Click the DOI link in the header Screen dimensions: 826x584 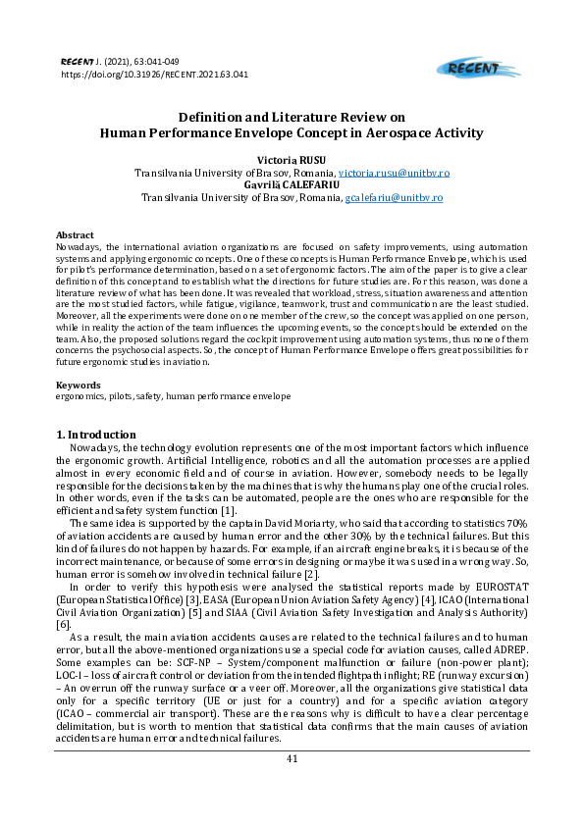[x=154, y=74]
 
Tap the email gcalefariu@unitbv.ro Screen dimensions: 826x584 [x=394, y=197]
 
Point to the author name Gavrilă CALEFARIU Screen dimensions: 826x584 [x=292, y=185]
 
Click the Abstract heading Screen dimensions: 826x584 [x=75, y=235]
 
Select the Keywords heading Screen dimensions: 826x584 [x=78, y=385]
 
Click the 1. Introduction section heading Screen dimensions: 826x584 [x=96, y=435]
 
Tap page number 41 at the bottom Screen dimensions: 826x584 [x=292, y=759]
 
